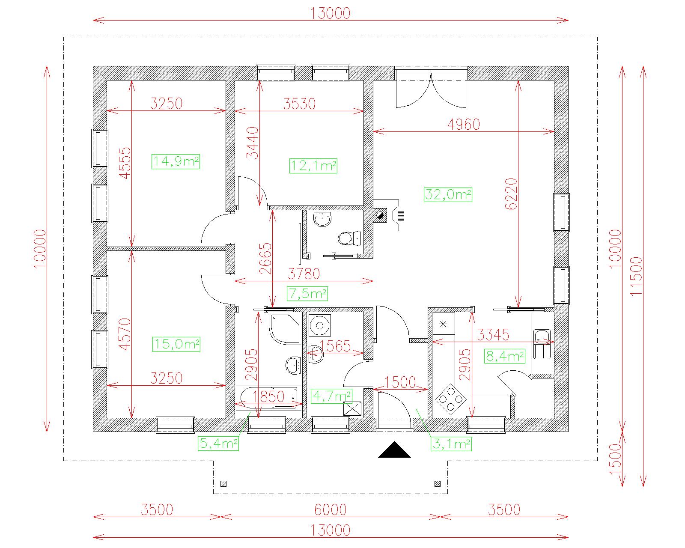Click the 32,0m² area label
(448, 194)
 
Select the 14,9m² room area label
(176, 161)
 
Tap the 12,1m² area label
(313, 166)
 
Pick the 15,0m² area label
(176, 344)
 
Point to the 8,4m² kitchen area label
(504, 356)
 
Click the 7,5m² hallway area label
(307, 293)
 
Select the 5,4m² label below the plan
(218, 443)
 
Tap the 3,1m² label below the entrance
(451, 444)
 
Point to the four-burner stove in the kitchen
(450, 399)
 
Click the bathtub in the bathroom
(269, 397)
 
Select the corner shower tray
(284, 329)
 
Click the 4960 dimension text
(464, 124)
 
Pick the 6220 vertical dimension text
(511, 193)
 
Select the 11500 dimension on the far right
(636, 277)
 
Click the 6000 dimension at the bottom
(331, 510)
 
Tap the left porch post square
(223, 484)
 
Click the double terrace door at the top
(431, 87)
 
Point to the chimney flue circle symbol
(380, 216)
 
